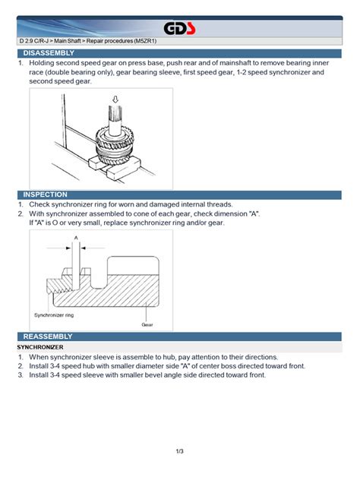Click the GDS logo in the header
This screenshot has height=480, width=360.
[179, 29]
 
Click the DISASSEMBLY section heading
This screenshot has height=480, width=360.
[49, 53]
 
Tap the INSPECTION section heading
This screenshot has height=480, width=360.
[46, 194]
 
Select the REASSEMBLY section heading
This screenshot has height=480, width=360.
[48, 336]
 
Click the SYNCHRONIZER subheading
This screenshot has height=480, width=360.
[40, 347]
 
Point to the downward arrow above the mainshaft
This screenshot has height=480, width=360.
[115, 99]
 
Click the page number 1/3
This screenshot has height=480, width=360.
[180, 451]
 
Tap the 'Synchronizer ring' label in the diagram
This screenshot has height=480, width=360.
[54, 315]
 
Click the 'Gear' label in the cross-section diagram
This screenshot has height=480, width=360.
[147, 324]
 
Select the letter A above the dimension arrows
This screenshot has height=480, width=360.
[76, 238]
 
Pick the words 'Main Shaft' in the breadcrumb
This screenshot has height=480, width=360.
[68, 41]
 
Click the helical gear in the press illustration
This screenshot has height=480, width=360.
[115, 145]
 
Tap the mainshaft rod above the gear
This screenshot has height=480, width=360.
[115, 120]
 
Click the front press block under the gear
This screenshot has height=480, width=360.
[124, 169]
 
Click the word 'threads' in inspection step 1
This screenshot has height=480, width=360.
[219, 204]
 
